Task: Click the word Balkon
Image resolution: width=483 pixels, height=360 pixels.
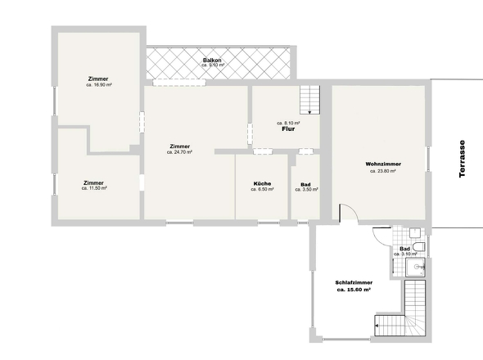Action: [x=212, y=60]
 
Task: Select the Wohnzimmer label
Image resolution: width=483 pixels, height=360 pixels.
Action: [x=382, y=164]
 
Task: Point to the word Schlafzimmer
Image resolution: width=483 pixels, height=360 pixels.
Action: [x=353, y=283]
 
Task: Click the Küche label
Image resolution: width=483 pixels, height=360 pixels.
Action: [x=262, y=183]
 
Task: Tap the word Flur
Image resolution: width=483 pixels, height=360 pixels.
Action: [x=287, y=129]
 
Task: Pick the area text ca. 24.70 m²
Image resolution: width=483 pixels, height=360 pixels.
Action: [x=179, y=152]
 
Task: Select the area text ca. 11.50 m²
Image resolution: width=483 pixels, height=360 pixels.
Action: [x=94, y=188]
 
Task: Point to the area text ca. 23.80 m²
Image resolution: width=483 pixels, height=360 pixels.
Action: [x=382, y=172]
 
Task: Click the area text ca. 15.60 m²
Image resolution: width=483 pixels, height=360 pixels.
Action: [x=353, y=290]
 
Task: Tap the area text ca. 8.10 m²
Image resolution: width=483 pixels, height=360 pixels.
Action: [x=287, y=123]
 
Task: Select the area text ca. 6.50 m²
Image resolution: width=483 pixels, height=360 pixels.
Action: [x=262, y=189]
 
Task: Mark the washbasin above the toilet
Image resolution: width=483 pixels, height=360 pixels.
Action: [x=415, y=232]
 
